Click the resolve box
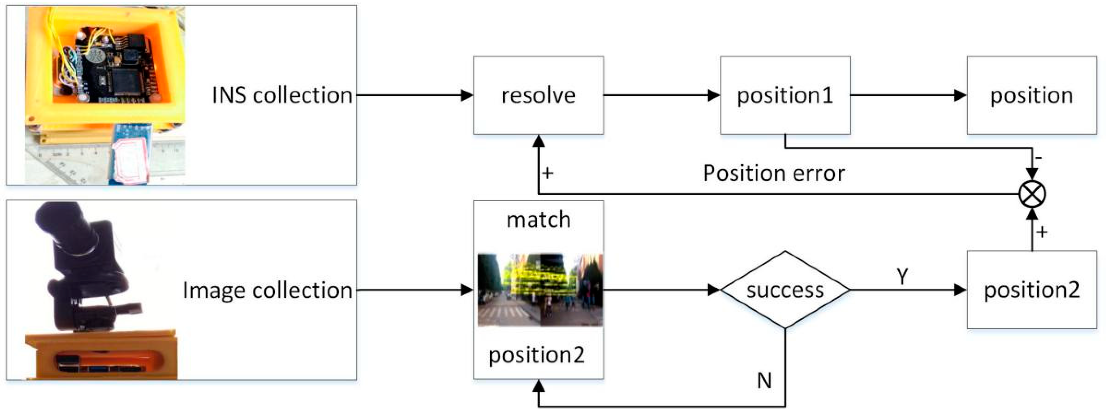[538, 95]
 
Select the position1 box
[785, 95]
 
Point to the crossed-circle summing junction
[1032, 194]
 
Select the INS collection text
[282, 95]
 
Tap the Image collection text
[268, 290]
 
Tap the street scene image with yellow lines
[540, 290]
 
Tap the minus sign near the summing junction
[1038, 158]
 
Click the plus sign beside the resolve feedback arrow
[548, 173]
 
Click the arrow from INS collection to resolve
[415, 95]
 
